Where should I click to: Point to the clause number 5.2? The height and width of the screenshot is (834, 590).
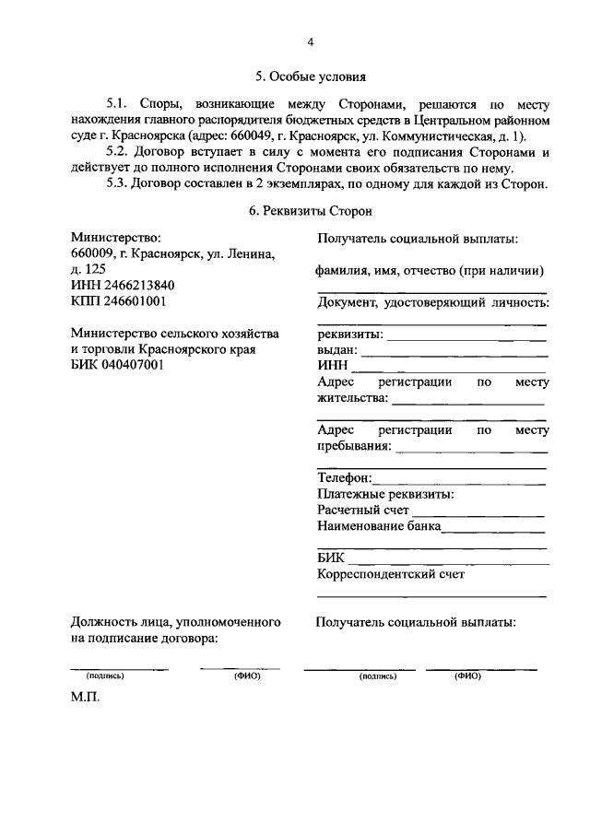(x=121, y=151)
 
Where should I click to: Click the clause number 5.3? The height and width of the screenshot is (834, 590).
(x=121, y=182)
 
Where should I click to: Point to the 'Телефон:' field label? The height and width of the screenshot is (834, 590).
(x=345, y=478)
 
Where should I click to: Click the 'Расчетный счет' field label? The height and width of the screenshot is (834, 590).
(x=363, y=510)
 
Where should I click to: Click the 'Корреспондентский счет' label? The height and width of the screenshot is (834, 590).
(x=390, y=574)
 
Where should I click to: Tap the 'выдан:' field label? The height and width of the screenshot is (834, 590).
(x=336, y=350)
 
